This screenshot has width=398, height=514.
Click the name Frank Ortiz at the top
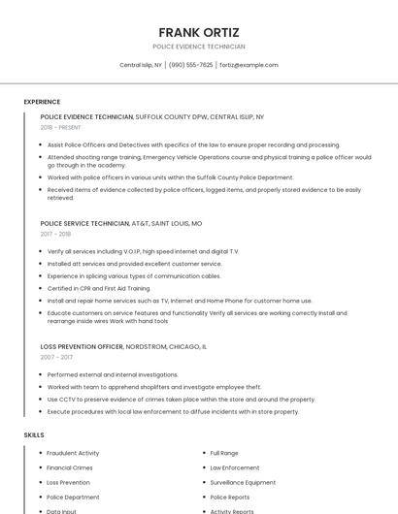tap(199, 31)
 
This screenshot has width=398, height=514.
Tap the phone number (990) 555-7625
tap(190, 65)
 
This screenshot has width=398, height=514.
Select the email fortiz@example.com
tap(249, 65)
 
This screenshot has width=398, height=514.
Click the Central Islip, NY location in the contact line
tap(141, 65)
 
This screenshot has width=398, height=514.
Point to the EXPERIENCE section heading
tap(42, 102)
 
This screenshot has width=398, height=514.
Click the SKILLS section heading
tap(34, 435)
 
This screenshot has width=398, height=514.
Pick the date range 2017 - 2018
tap(55, 234)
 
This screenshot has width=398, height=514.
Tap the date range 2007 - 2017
tap(56, 357)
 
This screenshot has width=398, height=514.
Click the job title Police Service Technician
tap(84, 223)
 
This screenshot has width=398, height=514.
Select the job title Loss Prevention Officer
tap(82, 346)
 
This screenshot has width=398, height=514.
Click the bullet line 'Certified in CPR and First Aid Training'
tap(99, 288)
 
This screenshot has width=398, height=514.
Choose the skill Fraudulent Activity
tap(73, 453)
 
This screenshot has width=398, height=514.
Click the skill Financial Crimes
tap(71, 467)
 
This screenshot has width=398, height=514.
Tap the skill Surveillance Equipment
tap(243, 482)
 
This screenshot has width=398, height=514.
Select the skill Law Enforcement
tap(235, 467)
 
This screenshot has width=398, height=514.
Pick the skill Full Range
tap(224, 453)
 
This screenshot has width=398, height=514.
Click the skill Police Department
tap(73, 497)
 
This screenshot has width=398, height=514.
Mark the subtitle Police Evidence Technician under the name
tap(199, 47)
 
